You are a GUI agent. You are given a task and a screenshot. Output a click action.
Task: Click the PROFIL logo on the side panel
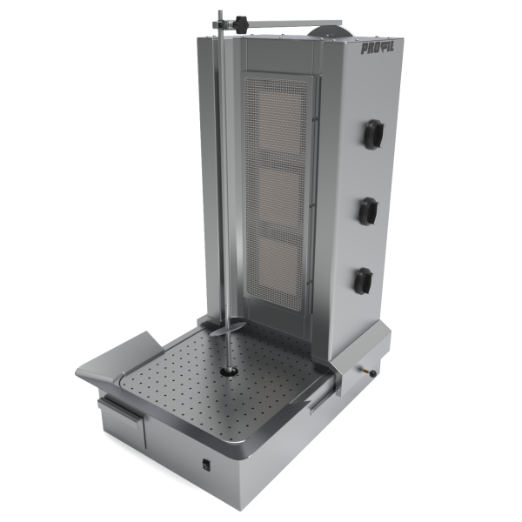pyautogui.click(x=378, y=49)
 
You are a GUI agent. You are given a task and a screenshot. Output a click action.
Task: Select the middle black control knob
pyautogui.click(x=369, y=211)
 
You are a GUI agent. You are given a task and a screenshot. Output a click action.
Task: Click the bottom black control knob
pyautogui.click(x=364, y=281)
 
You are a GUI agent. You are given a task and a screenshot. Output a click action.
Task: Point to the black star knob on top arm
pyautogui.click(x=242, y=24)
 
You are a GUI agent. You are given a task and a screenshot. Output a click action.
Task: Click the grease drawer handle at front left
pyautogui.click(x=120, y=411)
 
